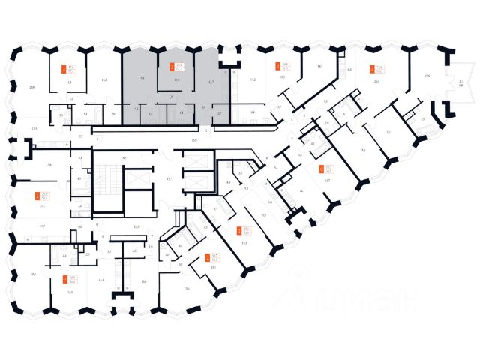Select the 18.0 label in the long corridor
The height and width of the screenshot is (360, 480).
(193, 140)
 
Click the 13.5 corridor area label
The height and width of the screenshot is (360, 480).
(136, 226)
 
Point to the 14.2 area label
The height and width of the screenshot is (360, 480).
(253, 78)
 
